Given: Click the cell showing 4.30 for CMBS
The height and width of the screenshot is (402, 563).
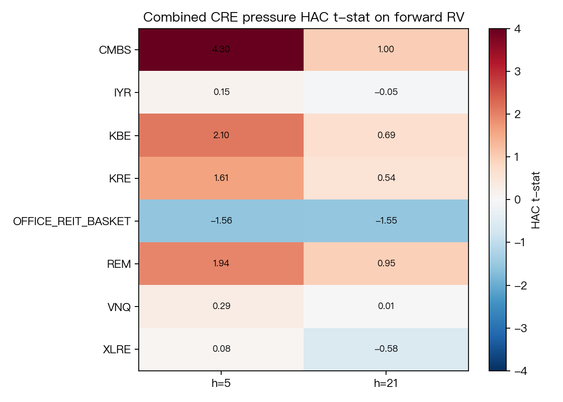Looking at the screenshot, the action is tap(221, 50).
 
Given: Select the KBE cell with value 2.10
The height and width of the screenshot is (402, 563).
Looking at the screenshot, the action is tap(221, 135).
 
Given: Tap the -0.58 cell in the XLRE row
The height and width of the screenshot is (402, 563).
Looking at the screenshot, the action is tap(386, 349).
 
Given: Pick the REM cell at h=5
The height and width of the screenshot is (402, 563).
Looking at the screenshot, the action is tap(221, 264).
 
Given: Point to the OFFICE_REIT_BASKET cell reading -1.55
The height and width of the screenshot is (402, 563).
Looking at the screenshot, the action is tap(386, 221).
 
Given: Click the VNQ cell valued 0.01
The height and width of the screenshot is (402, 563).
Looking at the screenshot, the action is tap(386, 307).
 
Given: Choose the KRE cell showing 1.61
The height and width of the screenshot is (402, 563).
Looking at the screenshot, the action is tap(221, 178).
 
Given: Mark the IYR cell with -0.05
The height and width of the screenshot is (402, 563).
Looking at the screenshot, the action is tap(386, 92).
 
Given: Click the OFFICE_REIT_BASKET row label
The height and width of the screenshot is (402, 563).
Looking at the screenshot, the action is tap(72, 222).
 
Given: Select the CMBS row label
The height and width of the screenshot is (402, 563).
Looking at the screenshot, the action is tap(115, 50).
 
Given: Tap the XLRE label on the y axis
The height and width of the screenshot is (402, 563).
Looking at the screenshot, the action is tap(117, 350).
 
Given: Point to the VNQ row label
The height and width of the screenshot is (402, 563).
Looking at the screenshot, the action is tap(119, 307).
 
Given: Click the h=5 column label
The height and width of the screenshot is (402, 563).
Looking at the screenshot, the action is tap(221, 383).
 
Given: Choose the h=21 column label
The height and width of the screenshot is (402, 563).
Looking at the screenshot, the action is tap(386, 383).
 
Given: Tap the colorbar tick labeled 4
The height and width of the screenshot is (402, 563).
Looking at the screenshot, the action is tap(517, 29).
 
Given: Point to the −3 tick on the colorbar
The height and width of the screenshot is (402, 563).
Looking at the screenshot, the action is tap(521, 328).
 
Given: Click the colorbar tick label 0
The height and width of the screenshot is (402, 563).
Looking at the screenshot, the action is tap(517, 199).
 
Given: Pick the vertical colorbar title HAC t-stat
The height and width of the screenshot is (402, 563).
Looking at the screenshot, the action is tap(535, 200).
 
